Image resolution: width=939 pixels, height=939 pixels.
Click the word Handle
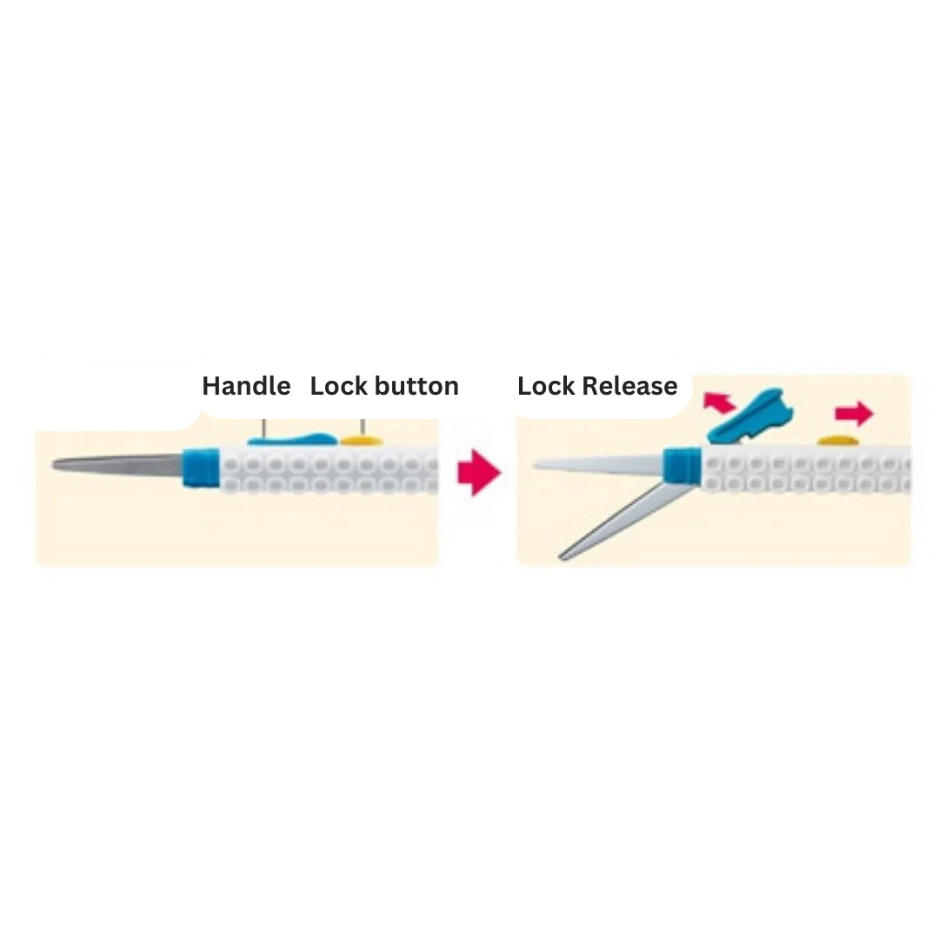246,386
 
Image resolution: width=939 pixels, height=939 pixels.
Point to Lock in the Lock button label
336,386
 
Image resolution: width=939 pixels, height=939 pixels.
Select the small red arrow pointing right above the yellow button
854,413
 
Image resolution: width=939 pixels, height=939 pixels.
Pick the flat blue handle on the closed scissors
291,439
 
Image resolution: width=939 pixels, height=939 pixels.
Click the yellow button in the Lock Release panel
839,441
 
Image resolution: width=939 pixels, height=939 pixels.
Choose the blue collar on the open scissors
682,465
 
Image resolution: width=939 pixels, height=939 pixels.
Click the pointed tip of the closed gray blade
56,465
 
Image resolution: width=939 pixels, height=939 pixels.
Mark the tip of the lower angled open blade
563,555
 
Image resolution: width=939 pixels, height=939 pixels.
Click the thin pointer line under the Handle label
263,429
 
